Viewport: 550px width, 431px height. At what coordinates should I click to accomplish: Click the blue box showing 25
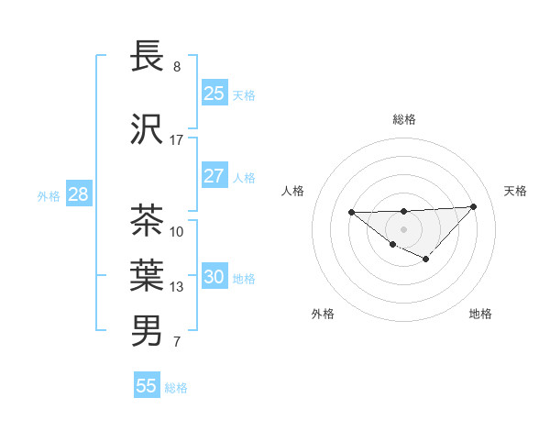pos(214,94)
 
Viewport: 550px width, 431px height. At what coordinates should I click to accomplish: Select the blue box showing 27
pos(214,176)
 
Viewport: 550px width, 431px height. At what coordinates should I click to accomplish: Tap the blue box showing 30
pos(214,278)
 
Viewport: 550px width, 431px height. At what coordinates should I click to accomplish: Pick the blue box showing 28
pos(78,194)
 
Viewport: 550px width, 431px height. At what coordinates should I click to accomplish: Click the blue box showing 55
pos(147,386)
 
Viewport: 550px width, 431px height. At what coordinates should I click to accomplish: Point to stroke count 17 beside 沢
pos(177,140)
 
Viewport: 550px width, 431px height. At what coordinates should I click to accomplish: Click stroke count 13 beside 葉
pos(177,287)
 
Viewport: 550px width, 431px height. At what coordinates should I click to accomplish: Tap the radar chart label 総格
pos(404,119)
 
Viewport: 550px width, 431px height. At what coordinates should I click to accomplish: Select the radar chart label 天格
pos(516,191)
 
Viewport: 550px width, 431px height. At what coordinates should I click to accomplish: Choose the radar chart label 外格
pos(323,314)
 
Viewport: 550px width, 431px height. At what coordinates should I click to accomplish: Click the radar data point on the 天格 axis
pos(473,206)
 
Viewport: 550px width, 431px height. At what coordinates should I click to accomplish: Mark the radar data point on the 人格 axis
pos(352,212)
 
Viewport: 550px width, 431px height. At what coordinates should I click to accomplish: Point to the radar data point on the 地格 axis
pos(426,260)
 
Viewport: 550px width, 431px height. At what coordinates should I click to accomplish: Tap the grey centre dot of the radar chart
pos(404,228)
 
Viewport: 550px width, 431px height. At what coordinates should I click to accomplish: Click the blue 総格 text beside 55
pos(176,387)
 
